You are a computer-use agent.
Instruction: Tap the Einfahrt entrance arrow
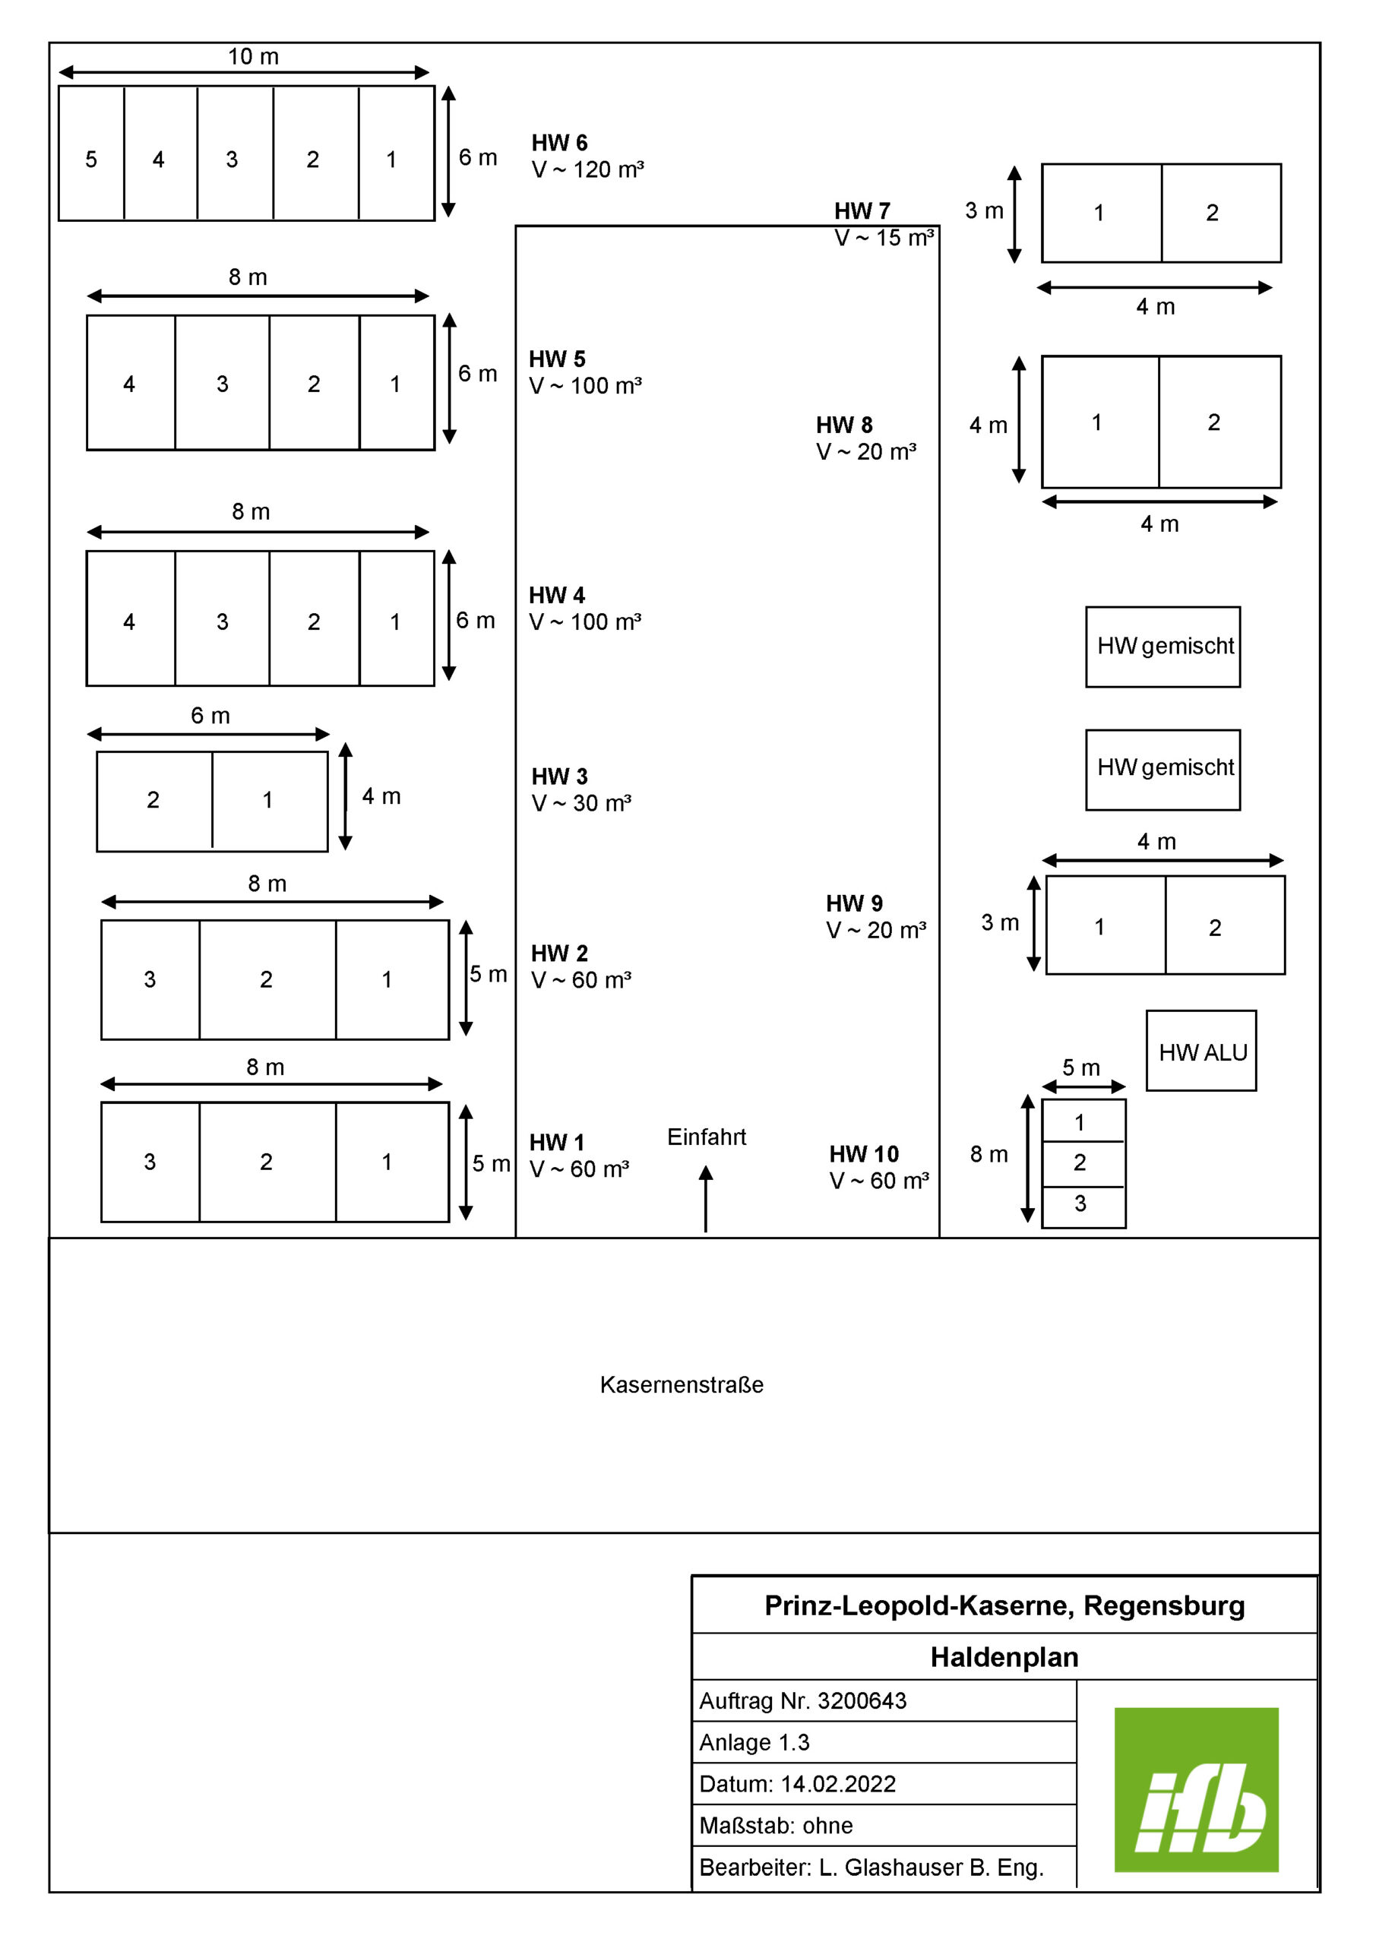tap(706, 1199)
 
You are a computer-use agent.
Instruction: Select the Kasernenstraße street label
tap(682, 1384)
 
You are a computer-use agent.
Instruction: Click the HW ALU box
tap(1201, 1051)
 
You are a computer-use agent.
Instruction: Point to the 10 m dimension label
tap(253, 56)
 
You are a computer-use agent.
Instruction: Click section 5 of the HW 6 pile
tap(91, 153)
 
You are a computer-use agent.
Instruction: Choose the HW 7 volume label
tap(884, 238)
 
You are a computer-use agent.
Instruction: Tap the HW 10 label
tap(864, 1154)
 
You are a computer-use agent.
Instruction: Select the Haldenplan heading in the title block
tap(1005, 1657)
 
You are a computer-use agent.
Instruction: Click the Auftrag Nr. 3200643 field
tap(802, 1700)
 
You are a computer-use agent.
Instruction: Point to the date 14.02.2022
tap(838, 1783)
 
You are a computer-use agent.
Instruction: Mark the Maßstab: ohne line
tap(776, 1825)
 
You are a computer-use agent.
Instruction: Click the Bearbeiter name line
tap(871, 1867)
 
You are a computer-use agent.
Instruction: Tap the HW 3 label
tap(559, 776)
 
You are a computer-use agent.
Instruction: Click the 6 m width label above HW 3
tap(210, 715)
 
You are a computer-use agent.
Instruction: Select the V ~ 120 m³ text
tap(588, 169)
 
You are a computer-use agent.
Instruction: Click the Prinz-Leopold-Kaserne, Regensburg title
tap(1005, 1606)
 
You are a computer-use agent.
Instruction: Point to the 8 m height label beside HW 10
tap(989, 1154)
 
